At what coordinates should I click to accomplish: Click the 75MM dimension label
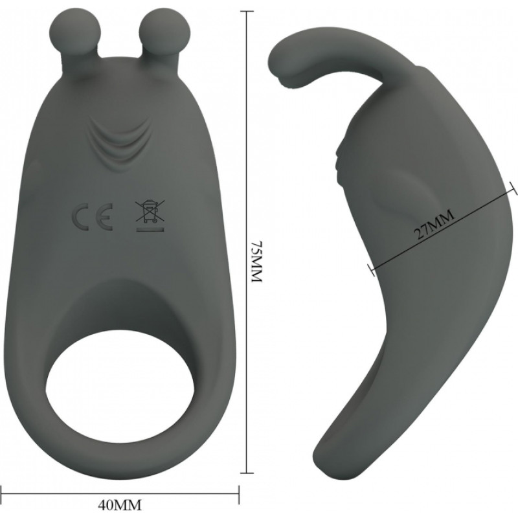coord(257,261)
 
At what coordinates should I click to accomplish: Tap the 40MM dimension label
coord(120,505)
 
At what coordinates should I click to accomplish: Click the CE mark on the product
coord(92,217)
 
